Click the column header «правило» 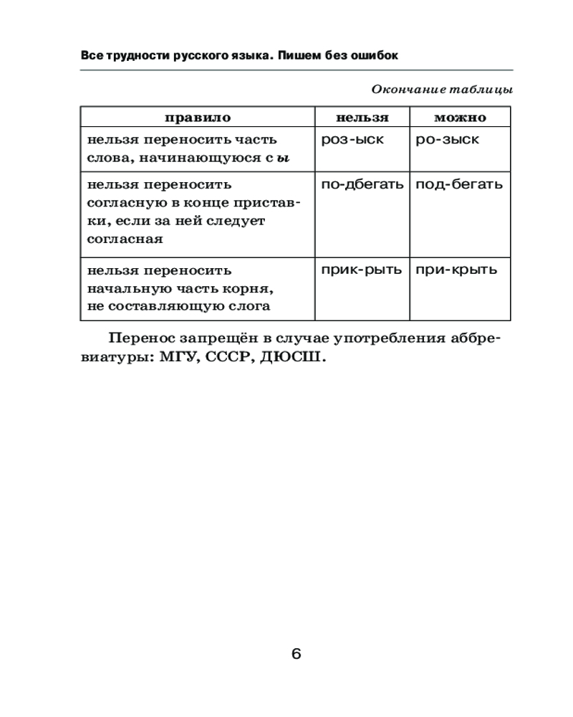(198, 118)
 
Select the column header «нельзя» (362, 118)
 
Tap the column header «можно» (460, 118)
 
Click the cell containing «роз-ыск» (352, 140)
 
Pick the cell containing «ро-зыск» (448, 140)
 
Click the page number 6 (297, 653)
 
